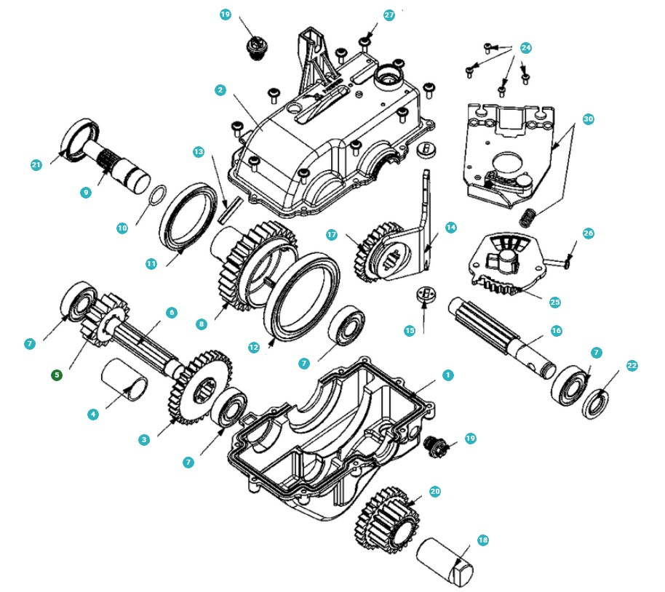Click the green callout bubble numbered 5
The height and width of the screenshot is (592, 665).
(57, 375)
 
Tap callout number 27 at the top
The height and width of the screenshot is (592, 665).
(389, 15)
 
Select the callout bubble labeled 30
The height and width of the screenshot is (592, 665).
(588, 119)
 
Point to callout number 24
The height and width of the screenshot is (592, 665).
(525, 48)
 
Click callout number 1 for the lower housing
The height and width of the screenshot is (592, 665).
(448, 375)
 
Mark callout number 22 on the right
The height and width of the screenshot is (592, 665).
(632, 366)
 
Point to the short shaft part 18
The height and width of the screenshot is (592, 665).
(445, 561)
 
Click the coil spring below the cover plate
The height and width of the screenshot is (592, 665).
(531, 215)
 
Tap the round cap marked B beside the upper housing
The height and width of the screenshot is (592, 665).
(428, 148)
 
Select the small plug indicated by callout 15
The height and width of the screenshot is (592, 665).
(423, 295)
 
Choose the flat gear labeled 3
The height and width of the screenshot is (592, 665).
(200, 385)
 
